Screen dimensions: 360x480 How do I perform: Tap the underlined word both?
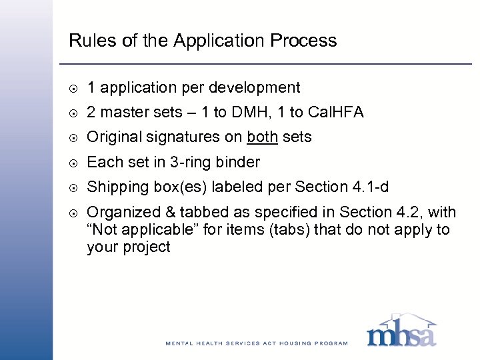point(261,137)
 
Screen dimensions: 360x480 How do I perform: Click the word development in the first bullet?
point(257,88)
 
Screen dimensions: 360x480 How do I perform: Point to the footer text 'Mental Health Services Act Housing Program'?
point(257,343)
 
